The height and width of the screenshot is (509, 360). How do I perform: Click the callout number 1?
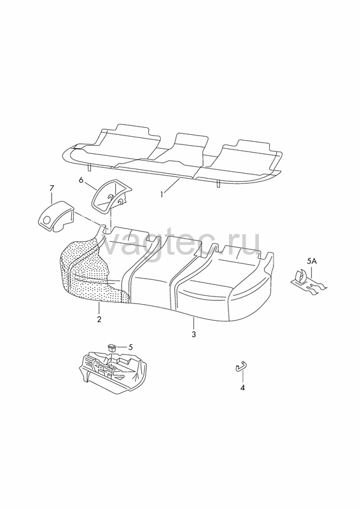tap(162, 195)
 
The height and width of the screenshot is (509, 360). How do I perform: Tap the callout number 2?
tap(99, 319)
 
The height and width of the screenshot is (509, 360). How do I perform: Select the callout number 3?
tap(194, 334)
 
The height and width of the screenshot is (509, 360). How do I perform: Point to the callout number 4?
tap(242, 387)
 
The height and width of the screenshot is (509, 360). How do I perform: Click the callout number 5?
tap(130, 347)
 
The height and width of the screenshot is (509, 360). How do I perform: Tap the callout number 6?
tap(81, 179)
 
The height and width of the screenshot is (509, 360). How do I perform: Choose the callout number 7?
tap(52, 188)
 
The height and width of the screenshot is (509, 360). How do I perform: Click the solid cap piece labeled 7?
tap(56, 216)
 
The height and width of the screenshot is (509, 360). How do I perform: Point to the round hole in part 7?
tap(46, 220)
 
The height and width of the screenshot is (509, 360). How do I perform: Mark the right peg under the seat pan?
tap(218, 184)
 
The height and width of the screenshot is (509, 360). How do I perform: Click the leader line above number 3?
tap(193, 323)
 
